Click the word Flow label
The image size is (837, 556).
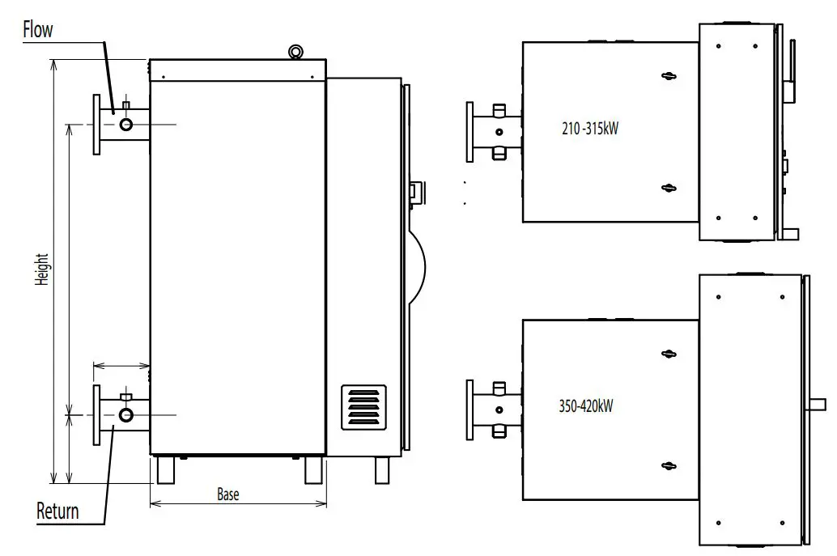(37, 31)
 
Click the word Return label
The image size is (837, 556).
(57, 511)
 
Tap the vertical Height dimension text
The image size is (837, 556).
(42, 270)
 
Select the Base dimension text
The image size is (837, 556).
(228, 494)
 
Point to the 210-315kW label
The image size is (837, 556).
(590, 127)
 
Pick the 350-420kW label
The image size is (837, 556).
(587, 406)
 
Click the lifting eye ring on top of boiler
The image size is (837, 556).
(296, 52)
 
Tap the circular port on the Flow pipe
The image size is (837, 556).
(126, 124)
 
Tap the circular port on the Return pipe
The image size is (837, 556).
(126, 415)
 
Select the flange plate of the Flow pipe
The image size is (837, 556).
(96, 124)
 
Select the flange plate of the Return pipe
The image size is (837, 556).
(96, 414)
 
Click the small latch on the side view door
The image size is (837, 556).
(414, 191)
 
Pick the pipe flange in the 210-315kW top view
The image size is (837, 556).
(470, 131)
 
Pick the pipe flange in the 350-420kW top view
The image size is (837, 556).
(469, 410)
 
